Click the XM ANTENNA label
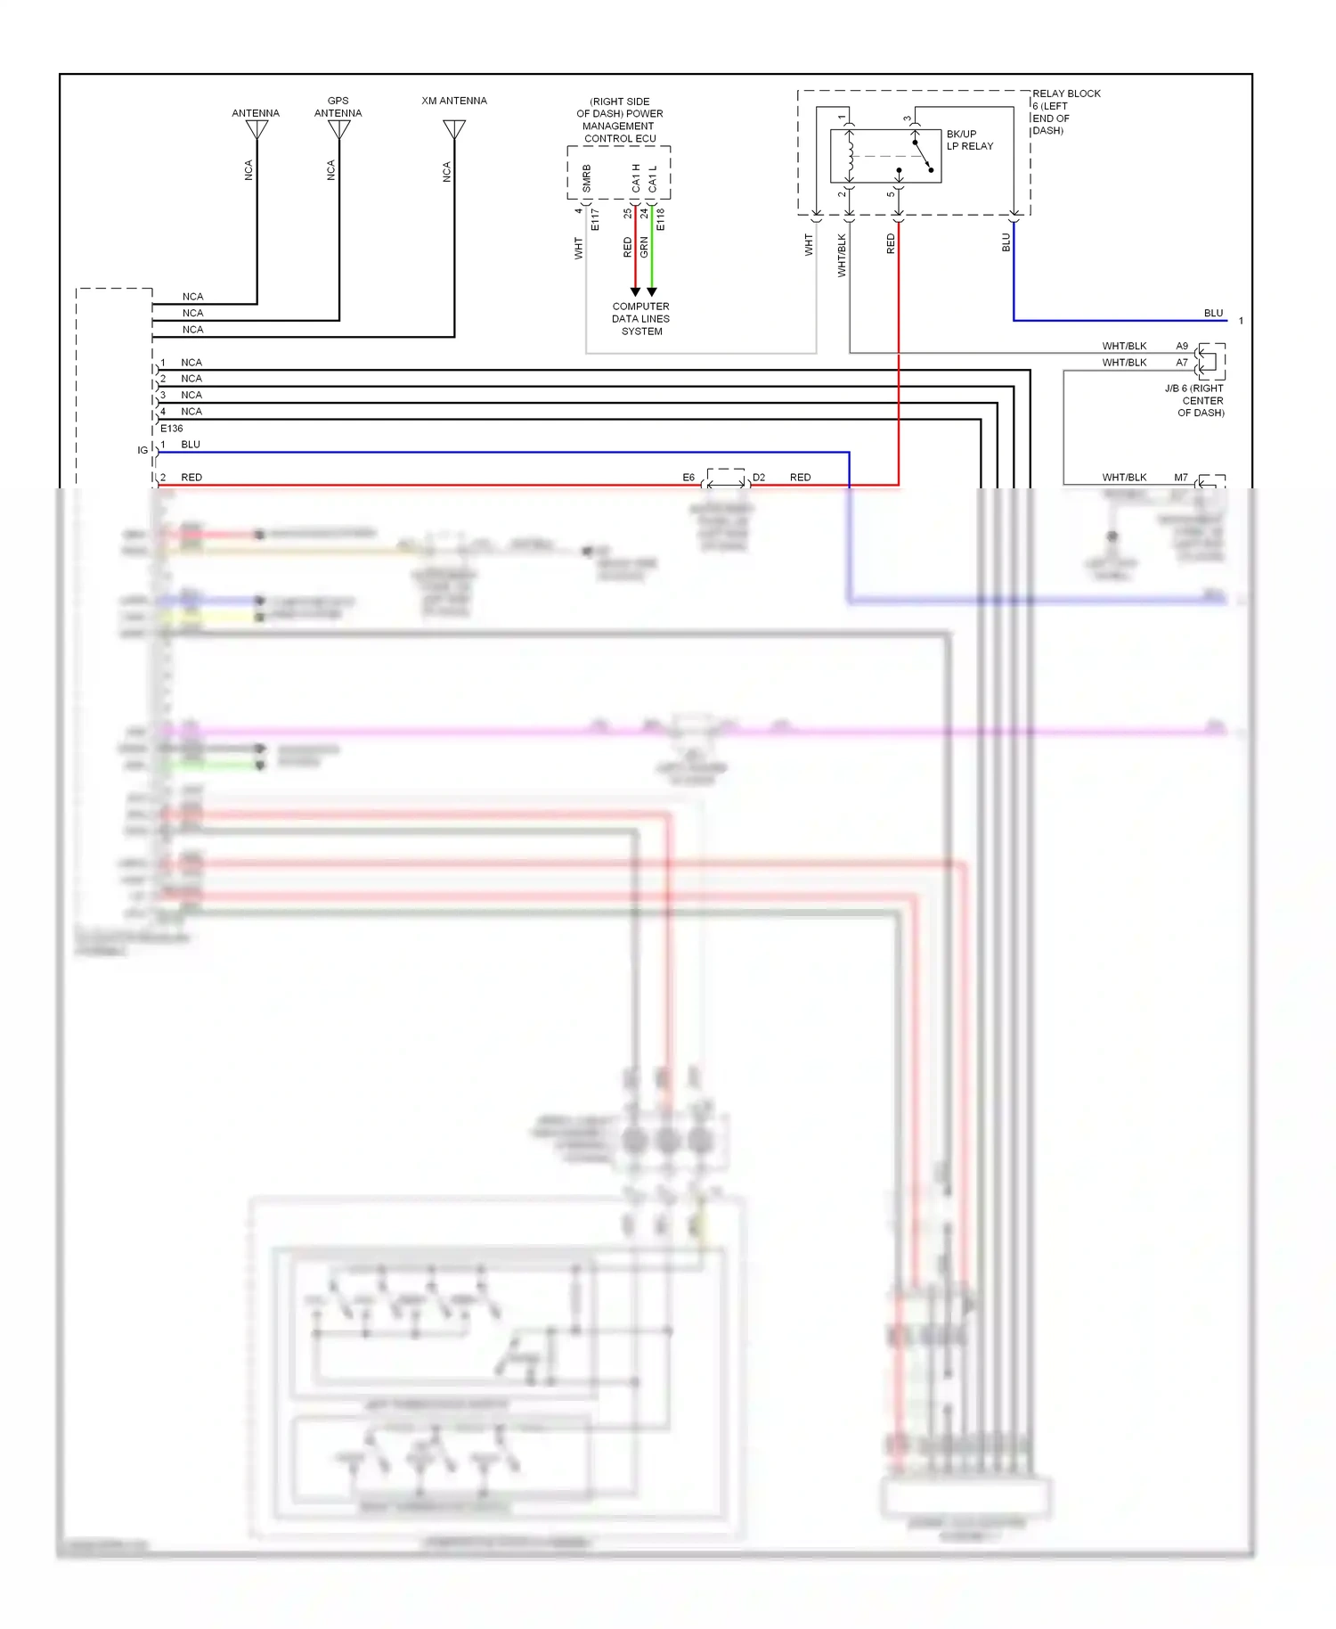(454, 101)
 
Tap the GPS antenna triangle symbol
(339, 129)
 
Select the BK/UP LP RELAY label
(969, 140)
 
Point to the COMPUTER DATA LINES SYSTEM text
(641, 318)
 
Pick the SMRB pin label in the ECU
(586, 177)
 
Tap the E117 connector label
(595, 219)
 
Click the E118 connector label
(661, 219)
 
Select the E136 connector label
(171, 429)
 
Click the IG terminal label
(143, 451)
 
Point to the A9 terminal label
(1182, 346)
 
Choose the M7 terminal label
(1181, 478)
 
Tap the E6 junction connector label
(688, 478)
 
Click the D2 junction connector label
(759, 478)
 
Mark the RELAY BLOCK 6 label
(1065, 111)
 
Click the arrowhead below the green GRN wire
(652, 292)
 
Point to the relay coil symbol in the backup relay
(851, 156)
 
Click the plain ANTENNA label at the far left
(256, 113)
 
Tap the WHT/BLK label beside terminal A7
(1124, 363)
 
